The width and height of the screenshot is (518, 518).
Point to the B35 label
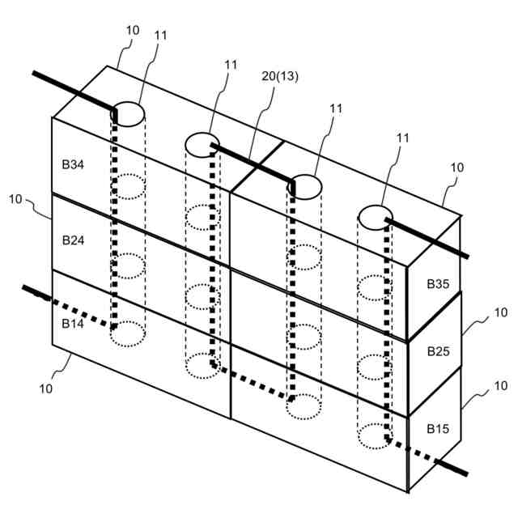[438, 284]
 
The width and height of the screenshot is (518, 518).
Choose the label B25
[438, 351]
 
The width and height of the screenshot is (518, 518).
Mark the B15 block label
[438, 427]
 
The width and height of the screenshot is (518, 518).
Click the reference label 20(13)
[279, 76]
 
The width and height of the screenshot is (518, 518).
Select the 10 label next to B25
[501, 312]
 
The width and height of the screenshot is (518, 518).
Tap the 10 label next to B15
[501, 387]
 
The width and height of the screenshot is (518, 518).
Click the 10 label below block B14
[46, 388]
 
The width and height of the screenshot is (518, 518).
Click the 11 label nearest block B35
[402, 138]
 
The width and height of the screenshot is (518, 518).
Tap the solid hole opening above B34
[127, 112]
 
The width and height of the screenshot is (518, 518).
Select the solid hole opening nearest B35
[376, 217]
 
